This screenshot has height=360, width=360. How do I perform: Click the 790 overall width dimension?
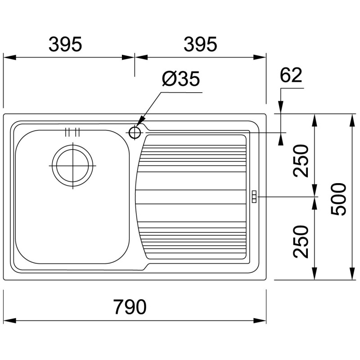point(130,306)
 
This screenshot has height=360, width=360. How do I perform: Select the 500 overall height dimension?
point(338,199)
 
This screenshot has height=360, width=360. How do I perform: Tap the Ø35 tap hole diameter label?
point(181,78)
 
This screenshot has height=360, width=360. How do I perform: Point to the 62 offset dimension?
point(291,75)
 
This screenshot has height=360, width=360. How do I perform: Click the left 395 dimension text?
point(65,44)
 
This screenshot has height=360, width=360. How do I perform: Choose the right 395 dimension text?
point(200,44)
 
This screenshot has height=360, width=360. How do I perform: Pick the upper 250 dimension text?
point(301,161)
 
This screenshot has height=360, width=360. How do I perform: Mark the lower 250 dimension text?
point(301,242)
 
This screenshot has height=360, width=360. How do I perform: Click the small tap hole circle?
point(135,132)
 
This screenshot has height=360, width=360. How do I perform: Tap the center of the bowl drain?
point(73,165)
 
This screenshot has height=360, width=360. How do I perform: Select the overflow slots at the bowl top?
point(72,132)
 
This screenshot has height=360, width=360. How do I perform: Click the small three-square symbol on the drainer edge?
point(254,197)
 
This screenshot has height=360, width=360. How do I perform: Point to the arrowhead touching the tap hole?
point(140,121)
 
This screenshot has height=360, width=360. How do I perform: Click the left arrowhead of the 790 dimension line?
point(10,320)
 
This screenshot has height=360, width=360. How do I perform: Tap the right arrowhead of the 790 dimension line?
point(260,320)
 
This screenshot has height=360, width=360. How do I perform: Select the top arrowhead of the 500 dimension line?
point(352,120)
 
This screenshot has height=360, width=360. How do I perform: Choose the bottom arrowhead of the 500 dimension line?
point(352,274)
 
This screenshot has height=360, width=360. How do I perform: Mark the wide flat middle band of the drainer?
point(191,197)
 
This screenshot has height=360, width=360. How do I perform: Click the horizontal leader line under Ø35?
point(182,93)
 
